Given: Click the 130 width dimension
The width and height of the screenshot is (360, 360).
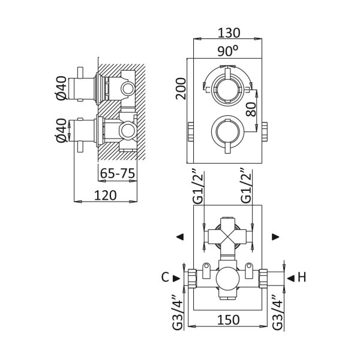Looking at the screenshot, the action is click(x=229, y=33).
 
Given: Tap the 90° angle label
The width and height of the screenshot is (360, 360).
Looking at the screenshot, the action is click(x=228, y=51).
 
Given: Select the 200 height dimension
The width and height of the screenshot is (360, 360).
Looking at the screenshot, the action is click(x=181, y=89).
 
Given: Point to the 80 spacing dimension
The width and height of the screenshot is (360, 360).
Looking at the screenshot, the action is click(x=250, y=109).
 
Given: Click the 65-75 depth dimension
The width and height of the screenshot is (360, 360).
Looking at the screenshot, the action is click(x=118, y=173).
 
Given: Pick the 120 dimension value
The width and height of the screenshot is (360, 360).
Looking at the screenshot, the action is click(x=106, y=196).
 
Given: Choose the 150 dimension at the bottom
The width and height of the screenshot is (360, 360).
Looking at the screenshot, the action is click(x=228, y=320).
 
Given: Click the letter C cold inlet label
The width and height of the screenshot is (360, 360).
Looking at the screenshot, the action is click(x=165, y=277).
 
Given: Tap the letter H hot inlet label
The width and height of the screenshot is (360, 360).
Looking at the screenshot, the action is click(x=302, y=277).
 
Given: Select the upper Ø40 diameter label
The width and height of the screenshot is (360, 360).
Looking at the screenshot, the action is click(x=61, y=88).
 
